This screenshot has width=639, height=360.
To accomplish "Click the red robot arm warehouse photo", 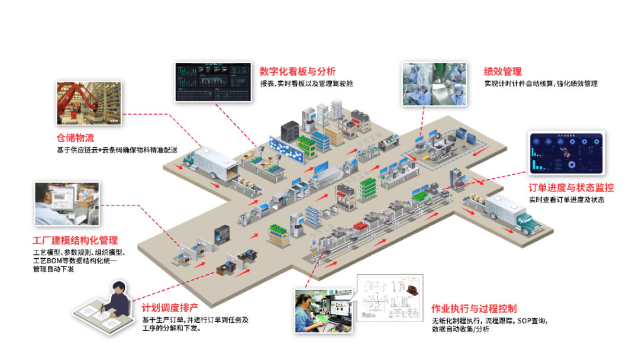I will click(89, 103).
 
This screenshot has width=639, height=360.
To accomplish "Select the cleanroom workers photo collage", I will click(434, 83).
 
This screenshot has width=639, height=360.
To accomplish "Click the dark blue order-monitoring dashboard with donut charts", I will click(566, 153).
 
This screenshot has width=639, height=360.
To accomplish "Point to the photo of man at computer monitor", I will click(67, 204).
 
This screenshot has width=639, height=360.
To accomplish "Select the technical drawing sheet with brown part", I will click(390, 298).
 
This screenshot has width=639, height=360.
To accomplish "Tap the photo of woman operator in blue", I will click(324, 311).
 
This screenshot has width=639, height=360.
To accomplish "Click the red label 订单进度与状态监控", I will click(571, 188).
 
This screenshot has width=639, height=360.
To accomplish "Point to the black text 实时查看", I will click(543, 200).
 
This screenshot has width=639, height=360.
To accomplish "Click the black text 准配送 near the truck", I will click(165, 150).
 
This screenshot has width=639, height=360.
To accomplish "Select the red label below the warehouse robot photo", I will click(75, 138).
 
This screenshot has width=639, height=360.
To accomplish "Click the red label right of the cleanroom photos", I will click(502, 72).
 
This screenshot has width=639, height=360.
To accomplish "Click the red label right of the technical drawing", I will click(474, 308).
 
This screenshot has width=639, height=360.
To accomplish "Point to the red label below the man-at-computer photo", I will click(75, 240).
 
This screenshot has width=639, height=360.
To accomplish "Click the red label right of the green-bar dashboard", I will click(297, 72).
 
